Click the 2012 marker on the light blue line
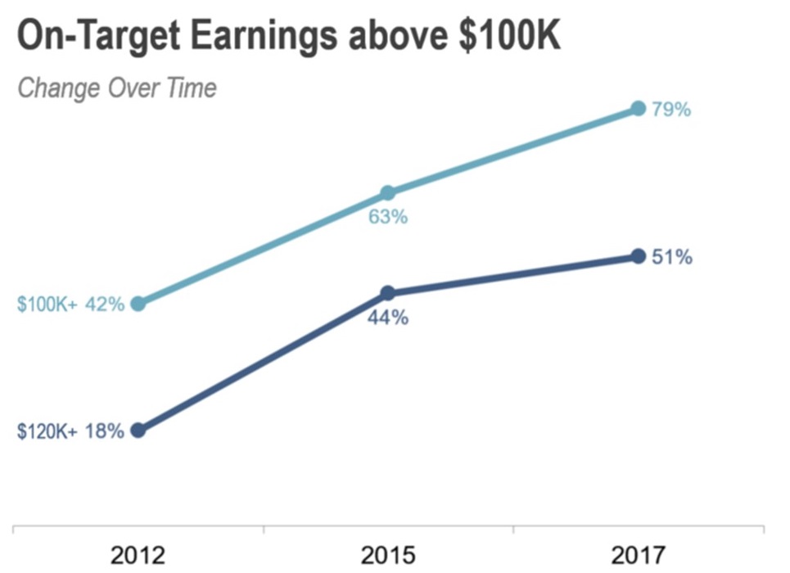(138, 304)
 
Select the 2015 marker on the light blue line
(388, 193)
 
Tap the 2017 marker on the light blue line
(639, 109)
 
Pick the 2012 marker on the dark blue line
(138, 431)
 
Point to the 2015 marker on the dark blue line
(388, 293)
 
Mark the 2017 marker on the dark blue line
(639, 256)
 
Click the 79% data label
(671, 110)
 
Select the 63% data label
(388, 218)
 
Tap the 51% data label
(672, 257)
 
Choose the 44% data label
(388, 318)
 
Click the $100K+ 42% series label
(70, 305)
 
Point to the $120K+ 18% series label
(70, 431)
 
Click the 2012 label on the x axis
(138, 554)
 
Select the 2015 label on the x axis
(388, 554)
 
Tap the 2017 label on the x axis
(639, 554)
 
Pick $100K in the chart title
(509, 36)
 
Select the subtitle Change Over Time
(117, 88)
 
